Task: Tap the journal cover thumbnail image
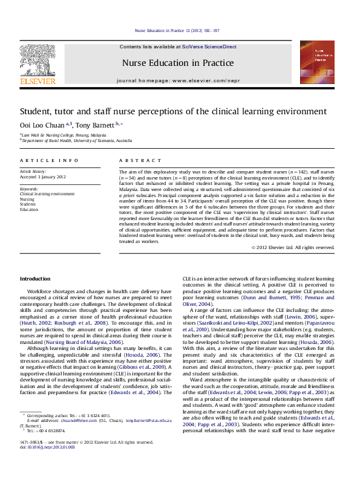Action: [x=326, y=63]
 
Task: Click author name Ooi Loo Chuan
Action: [x=43, y=125]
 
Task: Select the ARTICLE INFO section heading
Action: [x=49, y=160]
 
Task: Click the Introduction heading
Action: [x=35, y=278]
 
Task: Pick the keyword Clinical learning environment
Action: [x=48, y=193]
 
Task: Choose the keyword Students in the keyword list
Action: [x=29, y=204]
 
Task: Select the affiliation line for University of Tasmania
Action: [x=77, y=140]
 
